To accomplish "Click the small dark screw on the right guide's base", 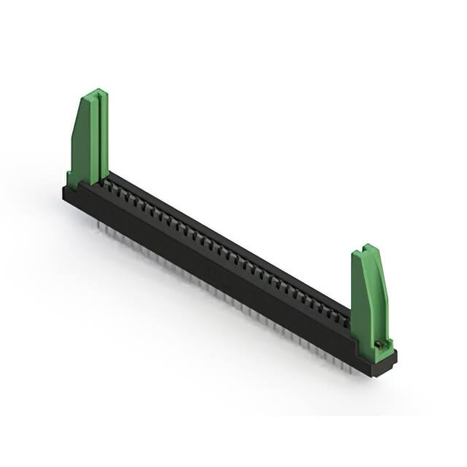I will [x=379, y=343].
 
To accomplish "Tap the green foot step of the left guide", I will [x=73, y=178].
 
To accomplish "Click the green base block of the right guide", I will [x=379, y=351].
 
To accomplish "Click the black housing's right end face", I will [x=387, y=364].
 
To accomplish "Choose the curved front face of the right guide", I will [x=360, y=299].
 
